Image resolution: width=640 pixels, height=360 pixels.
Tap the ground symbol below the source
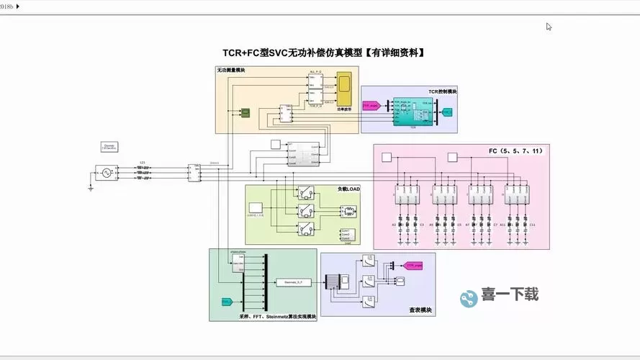coord(91,188)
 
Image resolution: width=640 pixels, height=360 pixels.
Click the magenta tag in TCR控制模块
coord(370,106)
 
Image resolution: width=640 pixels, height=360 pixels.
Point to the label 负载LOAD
coord(348,189)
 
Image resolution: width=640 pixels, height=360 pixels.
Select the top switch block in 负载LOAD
coord(306,193)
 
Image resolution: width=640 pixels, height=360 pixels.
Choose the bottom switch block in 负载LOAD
coord(306,228)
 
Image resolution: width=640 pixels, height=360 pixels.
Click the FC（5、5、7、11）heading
coord(515,151)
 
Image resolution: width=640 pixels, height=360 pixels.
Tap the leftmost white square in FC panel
coord(386,157)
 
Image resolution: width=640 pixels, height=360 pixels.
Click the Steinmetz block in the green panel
coord(292,282)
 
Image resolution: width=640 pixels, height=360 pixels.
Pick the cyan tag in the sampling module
coord(226,301)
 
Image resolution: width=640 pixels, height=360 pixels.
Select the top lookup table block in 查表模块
coord(368,263)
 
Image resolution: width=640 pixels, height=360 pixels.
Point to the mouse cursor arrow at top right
coord(548,26)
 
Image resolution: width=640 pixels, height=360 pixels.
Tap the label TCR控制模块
coord(442,91)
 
